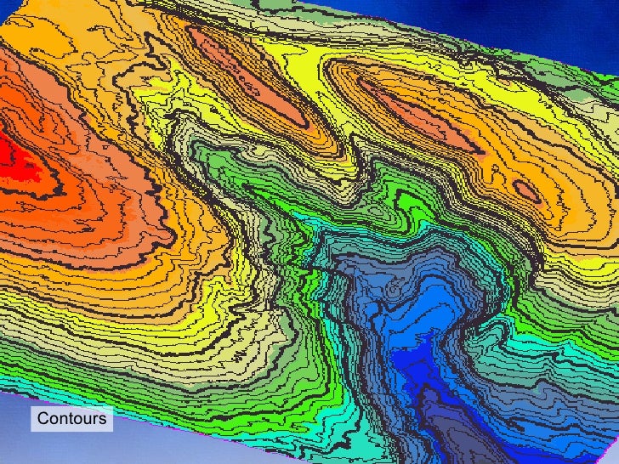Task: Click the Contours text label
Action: pyautogui.click(x=72, y=419)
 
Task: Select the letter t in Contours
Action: pyautogui.click(x=70, y=419)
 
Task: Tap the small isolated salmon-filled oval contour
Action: pyautogui.click(x=527, y=191)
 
